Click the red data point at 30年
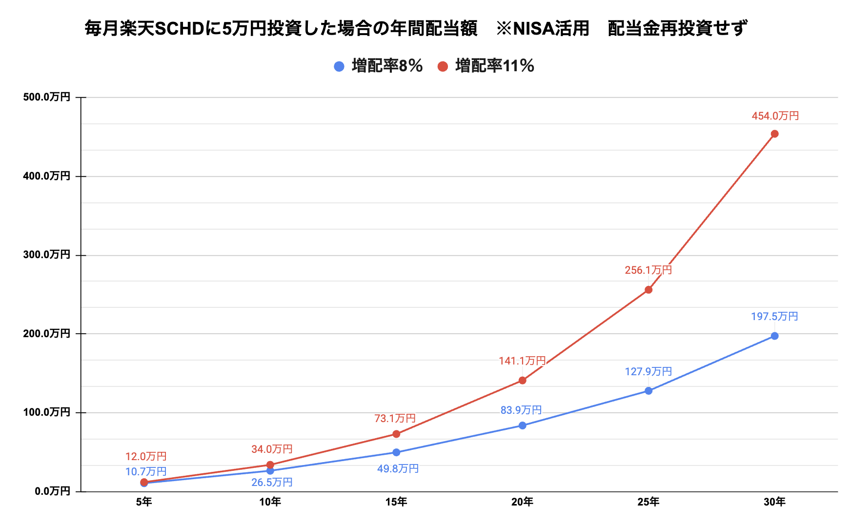pos(774,134)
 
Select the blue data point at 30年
pos(774,336)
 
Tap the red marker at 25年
pos(648,290)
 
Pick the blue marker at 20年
pos(523,425)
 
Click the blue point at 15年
pos(396,452)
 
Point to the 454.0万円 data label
pos(775,116)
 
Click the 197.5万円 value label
pos(774,317)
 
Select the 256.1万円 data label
pos(648,270)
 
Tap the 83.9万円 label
pos(521,410)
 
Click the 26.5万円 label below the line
pos(272,483)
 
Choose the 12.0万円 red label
pos(146,457)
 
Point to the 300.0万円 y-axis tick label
pos(47,255)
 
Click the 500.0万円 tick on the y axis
pos(47,97)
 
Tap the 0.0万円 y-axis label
pos(52,491)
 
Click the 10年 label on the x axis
pos(270,502)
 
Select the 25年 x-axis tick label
pos(648,502)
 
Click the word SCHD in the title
pos(180,29)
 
